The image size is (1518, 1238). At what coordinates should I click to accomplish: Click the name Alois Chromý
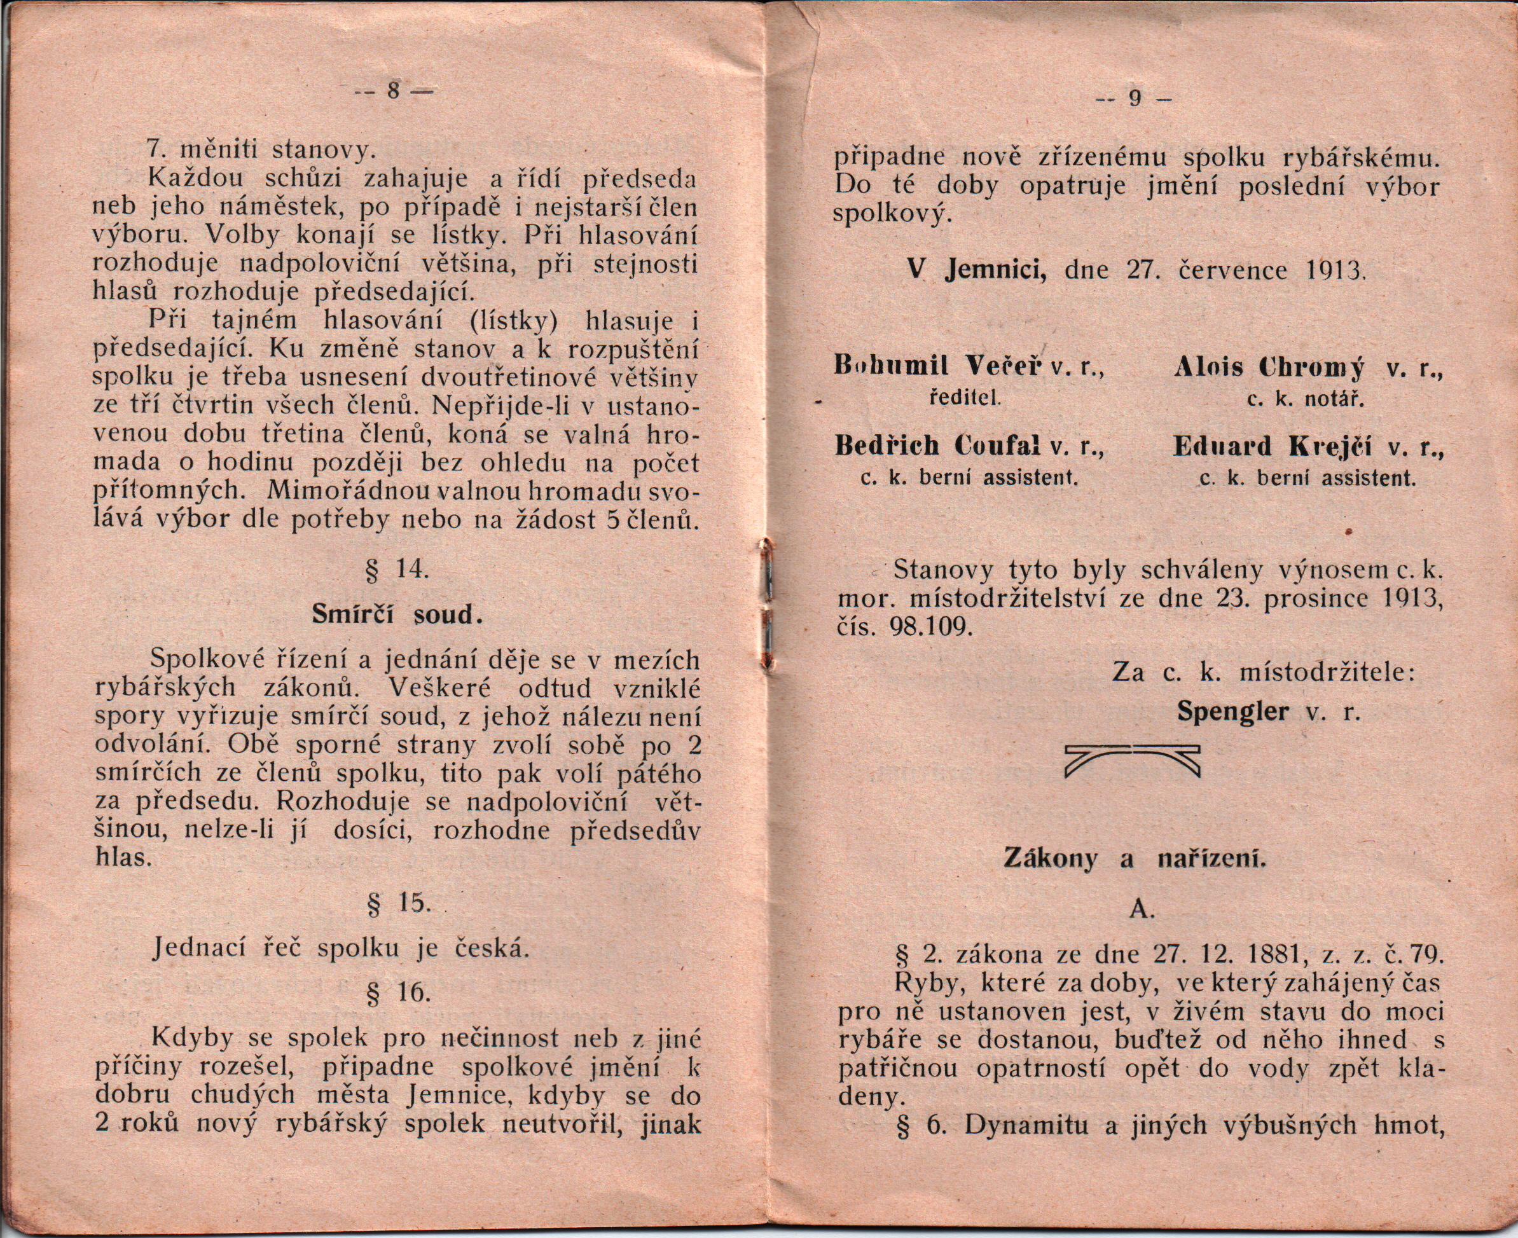coord(1269,368)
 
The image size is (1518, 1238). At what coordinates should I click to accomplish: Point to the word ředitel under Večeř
coord(967,399)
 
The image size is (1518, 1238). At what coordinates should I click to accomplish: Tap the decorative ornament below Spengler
coord(1132,760)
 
